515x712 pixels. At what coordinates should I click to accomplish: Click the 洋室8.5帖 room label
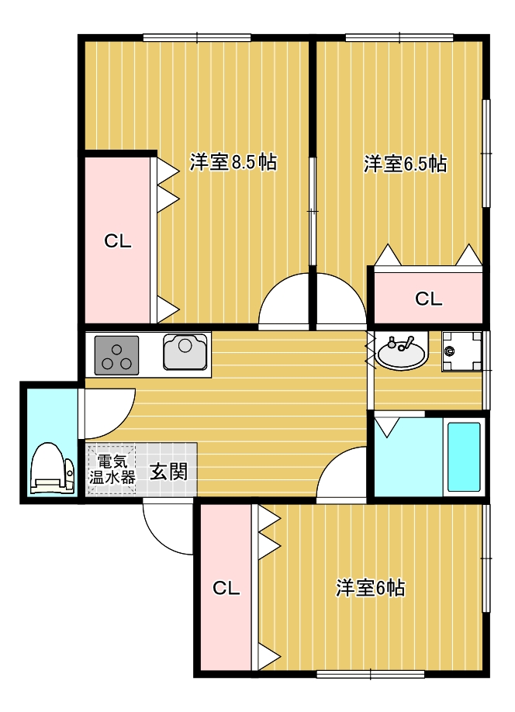coord(233,162)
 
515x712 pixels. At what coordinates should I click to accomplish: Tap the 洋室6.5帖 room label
coord(405,164)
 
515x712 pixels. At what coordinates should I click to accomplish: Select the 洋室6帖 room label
coord(370,588)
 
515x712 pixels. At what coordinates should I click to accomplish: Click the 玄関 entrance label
coord(168,472)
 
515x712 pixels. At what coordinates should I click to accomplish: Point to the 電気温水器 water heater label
coord(112,469)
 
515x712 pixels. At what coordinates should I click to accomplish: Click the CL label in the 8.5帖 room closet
coord(118,241)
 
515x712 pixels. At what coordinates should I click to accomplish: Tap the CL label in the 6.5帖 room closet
coord(428,299)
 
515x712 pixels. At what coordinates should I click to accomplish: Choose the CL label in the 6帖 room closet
coord(226,589)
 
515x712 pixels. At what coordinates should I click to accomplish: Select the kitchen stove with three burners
coord(116,355)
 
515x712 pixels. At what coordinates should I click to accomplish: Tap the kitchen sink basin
coord(185,352)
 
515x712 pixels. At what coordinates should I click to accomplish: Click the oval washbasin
coord(402,351)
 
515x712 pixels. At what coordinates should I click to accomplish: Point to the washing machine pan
coord(461,352)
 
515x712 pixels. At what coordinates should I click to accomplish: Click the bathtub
coord(464,458)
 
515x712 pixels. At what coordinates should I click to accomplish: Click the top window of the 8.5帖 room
coord(197,38)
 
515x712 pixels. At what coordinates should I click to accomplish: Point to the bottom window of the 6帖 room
coord(370,673)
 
